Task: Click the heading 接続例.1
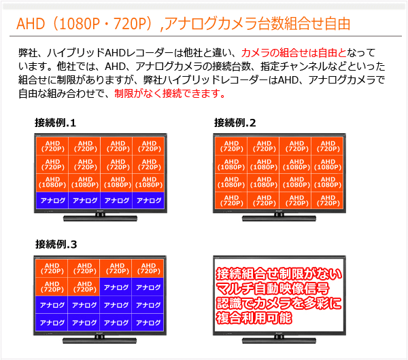[55, 123]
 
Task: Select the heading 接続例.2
[235, 123]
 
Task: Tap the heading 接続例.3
[56, 245]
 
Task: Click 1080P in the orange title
[80, 24]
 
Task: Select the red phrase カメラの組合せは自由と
[294, 53]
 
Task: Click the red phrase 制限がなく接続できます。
[169, 93]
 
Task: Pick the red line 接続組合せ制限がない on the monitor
[279, 274]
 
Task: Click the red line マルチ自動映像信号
[273, 288]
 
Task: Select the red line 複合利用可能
[254, 318]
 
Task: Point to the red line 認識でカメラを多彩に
[278, 303]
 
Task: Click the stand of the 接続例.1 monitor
[100, 218]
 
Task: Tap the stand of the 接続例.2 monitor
[279, 218]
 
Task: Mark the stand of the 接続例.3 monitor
[99, 340]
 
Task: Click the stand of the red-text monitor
[279, 340]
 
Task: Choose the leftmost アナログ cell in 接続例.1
[52, 200]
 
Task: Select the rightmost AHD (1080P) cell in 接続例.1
[148, 183]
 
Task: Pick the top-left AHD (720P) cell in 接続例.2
[231, 146]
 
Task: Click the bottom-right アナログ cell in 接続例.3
[148, 323]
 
